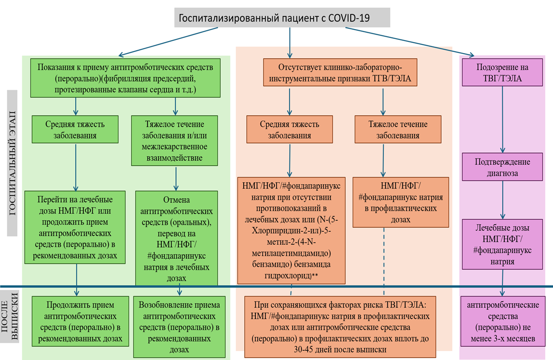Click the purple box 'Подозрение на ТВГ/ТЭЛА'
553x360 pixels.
point(502,72)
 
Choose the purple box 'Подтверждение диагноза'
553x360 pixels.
point(502,167)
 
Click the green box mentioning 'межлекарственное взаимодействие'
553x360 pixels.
point(175,140)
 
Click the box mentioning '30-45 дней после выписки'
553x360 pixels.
point(340,326)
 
